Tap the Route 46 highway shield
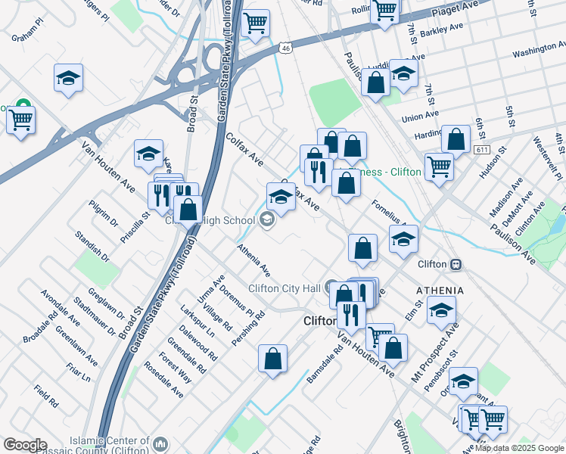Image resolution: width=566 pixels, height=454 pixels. (x=285, y=48)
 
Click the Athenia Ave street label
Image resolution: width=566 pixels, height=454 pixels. (x=253, y=259)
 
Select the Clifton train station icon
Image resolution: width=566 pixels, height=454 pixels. (x=456, y=264)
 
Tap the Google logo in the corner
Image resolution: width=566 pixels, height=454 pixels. (x=24, y=445)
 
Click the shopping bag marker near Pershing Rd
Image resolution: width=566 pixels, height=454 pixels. (x=272, y=359)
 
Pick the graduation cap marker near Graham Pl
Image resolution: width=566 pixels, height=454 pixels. (x=69, y=78)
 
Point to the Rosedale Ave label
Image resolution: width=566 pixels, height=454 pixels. (x=165, y=383)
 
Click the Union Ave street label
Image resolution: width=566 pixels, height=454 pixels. (x=421, y=117)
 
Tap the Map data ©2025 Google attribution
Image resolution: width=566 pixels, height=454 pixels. (x=520, y=448)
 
